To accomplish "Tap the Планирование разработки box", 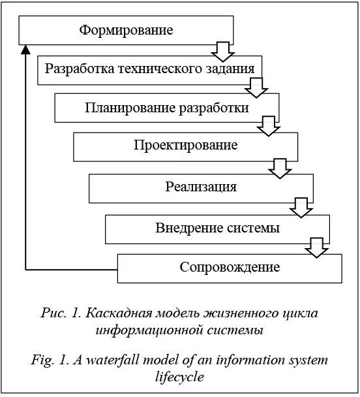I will [x=166, y=108].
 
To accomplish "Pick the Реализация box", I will [x=200, y=187].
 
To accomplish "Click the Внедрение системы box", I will [x=217, y=228].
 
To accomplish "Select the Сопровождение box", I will [x=230, y=268].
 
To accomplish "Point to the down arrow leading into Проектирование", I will [x=268, y=126].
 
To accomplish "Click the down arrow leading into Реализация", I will [x=281, y=168].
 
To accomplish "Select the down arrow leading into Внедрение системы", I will [x=301, y=208].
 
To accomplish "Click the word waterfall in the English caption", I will [x=120, y=360].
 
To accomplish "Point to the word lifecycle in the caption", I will [x=180, y=376].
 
